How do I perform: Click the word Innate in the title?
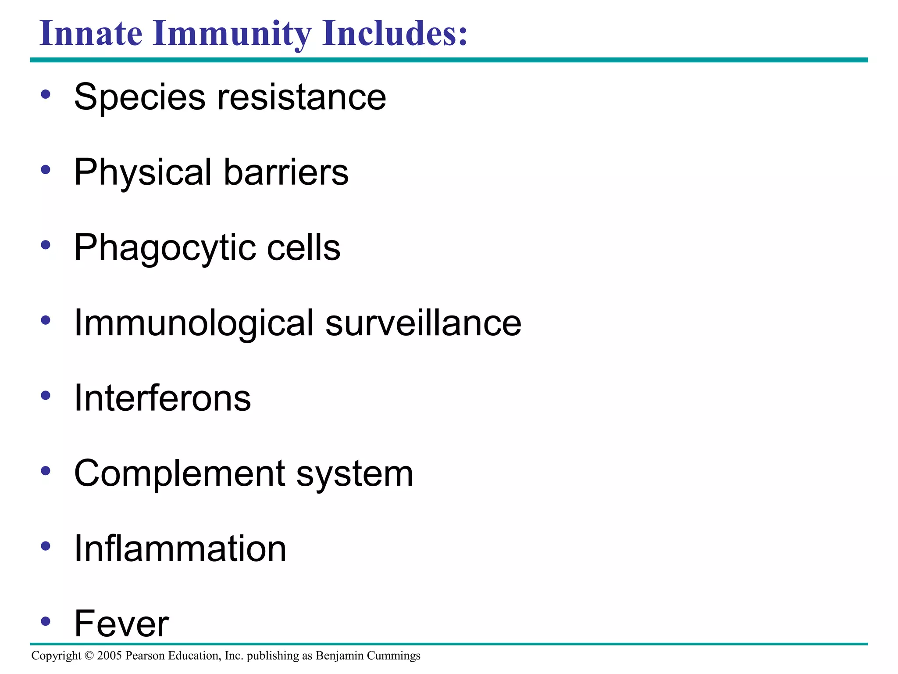(91, 34)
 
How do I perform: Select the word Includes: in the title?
(395, 34)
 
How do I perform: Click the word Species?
(140, 97)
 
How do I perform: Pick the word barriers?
(286, 172)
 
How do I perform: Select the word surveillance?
(423, 323)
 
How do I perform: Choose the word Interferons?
(163, 398)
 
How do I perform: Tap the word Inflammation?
(180, 549)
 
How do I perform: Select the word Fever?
(121, 624)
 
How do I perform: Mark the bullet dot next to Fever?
(46, 621)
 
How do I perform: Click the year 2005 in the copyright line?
(109, 656)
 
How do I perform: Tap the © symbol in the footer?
(89, 656)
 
